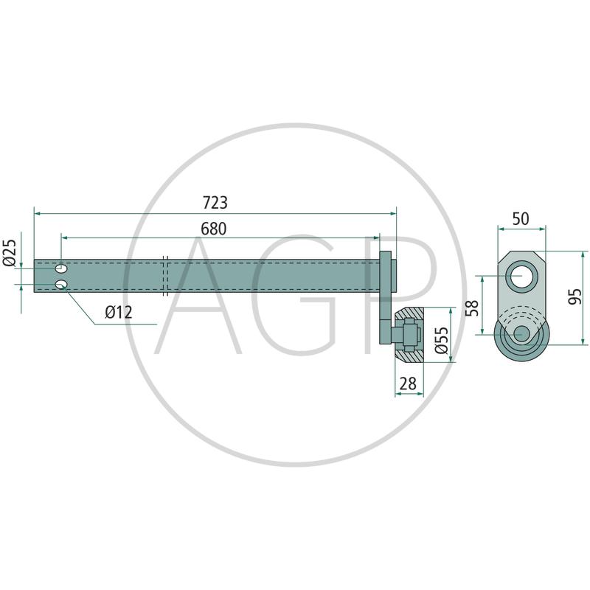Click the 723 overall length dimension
click(x=215, y=203)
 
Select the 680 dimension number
click(x=214, y=229)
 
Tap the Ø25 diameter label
click(x=10, y=253)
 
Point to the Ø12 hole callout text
click(x=119, y=312)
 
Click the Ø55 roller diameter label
click(x=441, y=340)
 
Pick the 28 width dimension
click(x=408, y=383)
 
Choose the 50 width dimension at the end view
click(x=521, y=218)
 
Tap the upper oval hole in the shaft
click(x=61, y=268)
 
